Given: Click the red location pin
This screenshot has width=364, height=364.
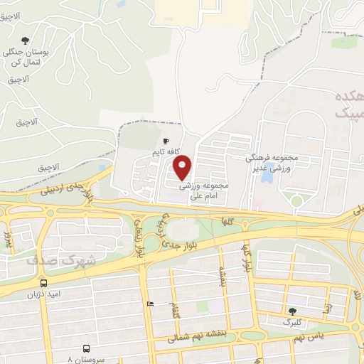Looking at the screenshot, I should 183,166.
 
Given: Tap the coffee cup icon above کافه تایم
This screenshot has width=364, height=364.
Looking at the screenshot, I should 166,141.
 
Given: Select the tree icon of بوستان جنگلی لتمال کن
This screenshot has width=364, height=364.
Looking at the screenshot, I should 26,41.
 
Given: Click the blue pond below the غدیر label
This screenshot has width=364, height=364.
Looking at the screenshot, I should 268,176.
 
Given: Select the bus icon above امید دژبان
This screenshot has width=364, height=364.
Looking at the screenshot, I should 44,283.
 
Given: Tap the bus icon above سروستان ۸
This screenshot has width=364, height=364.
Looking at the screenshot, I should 86,348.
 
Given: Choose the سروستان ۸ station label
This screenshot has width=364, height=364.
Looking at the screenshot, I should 85,359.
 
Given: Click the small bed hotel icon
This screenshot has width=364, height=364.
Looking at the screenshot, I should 149,304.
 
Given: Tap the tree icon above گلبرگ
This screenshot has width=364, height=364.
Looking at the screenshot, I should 292,311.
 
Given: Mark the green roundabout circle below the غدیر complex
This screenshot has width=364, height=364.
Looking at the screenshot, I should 296,202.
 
